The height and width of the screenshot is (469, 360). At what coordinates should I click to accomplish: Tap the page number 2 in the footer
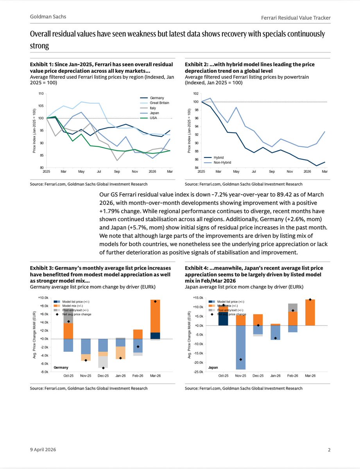click(x=329, y=450)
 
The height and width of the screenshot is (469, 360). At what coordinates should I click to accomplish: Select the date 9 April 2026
click(x=43, y=450)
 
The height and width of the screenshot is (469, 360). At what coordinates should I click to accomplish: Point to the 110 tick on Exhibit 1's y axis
click(x=41, y=94)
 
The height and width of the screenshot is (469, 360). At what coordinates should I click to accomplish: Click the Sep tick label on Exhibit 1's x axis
click(x=116, y=171)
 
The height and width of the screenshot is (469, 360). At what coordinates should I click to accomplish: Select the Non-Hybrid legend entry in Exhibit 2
click(x=222, y=161)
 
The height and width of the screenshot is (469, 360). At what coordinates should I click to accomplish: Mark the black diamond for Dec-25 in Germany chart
click(x=103, y=368)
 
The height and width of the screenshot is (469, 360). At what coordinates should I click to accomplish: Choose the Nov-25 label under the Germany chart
click(x=86, y=376)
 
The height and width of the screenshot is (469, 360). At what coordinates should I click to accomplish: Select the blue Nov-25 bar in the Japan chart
click(x=240, y=347)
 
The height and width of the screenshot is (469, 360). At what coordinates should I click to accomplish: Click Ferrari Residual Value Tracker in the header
click(x=296, y=18)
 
